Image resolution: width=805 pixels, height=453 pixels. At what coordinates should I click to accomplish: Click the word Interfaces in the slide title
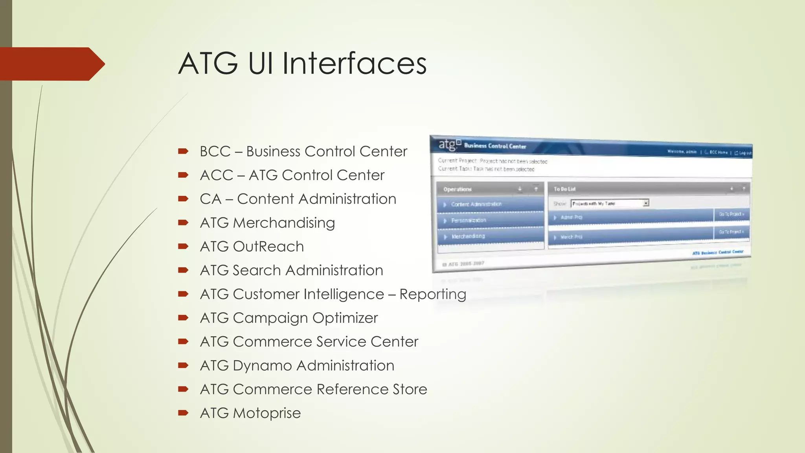tap(354, 63)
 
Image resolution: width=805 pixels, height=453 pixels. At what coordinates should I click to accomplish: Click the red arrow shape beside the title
tap(51, 64)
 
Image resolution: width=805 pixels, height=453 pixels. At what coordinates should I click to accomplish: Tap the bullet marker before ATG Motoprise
tap(183, 412)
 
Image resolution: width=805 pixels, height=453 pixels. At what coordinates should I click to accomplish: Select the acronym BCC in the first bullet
tap(215, 151)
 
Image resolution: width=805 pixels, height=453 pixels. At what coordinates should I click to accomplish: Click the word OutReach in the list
tap(268, 247)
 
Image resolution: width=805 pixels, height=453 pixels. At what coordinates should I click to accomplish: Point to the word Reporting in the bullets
tap(433, 294)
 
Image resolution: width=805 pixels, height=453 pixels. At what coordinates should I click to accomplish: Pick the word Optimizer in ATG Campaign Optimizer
tap(345, 318)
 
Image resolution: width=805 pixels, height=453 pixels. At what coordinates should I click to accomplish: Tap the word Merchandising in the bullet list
tap(284, 223)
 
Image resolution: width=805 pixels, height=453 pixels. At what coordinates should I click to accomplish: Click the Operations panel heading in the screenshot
tap(457, 189)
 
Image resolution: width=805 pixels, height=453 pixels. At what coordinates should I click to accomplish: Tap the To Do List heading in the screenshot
tap(564, 189)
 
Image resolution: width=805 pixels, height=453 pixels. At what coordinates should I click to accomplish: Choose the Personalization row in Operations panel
tap(469, 221)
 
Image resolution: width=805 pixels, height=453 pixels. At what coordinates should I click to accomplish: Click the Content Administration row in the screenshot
tap(476, 204)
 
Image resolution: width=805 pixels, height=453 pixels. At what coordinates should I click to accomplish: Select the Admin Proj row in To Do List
tap(571, 217)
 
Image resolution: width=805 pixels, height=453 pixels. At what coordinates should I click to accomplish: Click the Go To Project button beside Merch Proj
tap(731, 232)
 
